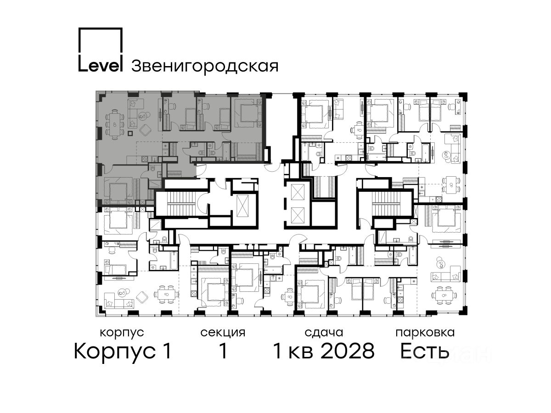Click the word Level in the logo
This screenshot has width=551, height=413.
(100, 66)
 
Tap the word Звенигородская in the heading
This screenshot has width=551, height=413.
(205, 67)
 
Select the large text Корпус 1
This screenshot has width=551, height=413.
(123, 351)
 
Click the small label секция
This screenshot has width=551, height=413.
(223, 333)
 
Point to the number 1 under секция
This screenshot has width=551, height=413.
(223, 351)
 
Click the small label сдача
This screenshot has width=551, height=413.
(324, 333)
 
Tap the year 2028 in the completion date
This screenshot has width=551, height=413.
(348, 351)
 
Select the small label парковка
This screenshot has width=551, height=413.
(425, 333)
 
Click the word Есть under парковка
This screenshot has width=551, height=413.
(425, 351)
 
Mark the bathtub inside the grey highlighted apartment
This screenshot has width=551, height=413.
(226, 151)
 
